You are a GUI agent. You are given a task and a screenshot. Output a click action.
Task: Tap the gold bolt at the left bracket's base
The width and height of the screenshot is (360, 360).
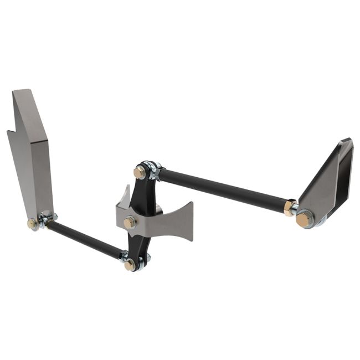pos(32,223)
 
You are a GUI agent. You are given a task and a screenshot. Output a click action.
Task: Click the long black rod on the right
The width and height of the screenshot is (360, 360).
pos(222,189)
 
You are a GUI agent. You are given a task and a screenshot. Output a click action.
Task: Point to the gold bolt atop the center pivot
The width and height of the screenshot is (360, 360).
pos(140,172)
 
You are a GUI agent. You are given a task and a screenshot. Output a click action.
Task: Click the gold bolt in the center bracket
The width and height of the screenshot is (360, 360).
pos(130,222)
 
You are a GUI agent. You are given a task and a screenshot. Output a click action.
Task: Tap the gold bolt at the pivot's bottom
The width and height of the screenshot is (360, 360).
pos(130,265)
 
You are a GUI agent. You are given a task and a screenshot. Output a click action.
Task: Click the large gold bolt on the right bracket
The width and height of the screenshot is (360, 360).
pos(304,219)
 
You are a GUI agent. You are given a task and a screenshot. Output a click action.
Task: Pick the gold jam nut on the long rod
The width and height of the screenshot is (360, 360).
pos(289,208)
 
